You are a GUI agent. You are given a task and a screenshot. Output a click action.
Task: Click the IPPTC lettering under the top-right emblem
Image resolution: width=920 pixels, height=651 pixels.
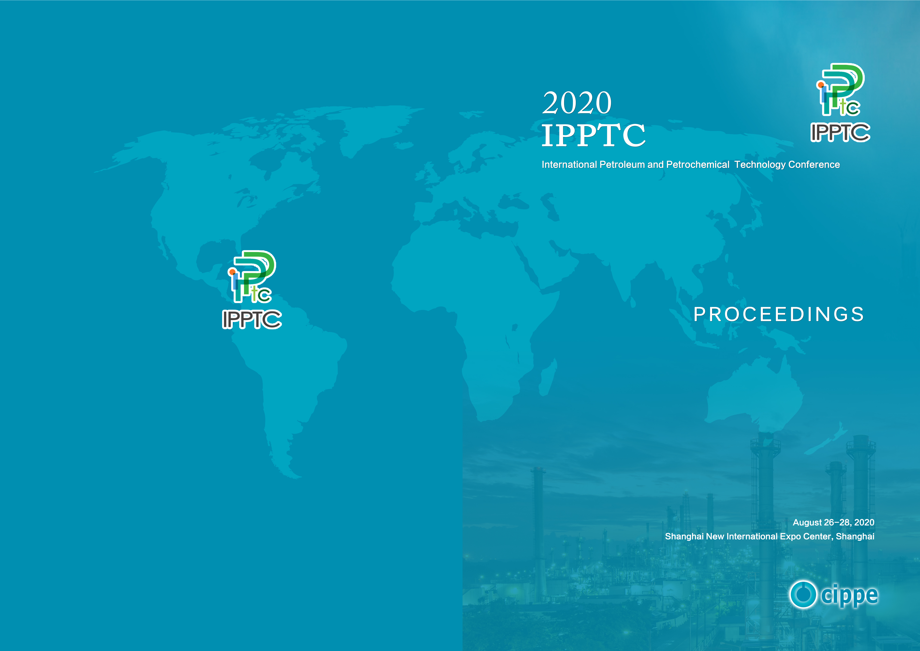pyautogui.click(x=840, y=132)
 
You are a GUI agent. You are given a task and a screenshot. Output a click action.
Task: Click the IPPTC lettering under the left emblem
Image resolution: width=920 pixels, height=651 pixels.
pyautogui.click(x=252, y=320)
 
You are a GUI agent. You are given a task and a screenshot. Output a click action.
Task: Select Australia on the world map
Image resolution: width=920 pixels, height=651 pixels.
pyautogui.click(x=753, y=395)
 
